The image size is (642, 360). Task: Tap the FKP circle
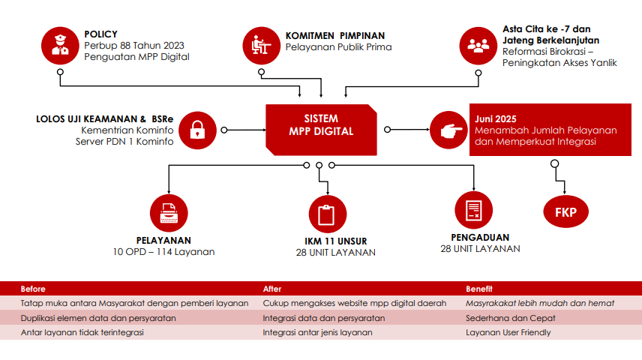[565, 212]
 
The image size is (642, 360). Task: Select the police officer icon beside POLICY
[63, 46]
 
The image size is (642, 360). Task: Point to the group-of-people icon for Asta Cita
[478, 46]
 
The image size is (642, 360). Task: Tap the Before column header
[33, 289]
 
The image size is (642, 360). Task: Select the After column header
[272, 289]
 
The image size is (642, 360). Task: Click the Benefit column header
[479, 289]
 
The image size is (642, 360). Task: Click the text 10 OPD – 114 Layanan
[163, 252]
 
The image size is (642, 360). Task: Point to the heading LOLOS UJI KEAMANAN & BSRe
[104, 118]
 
